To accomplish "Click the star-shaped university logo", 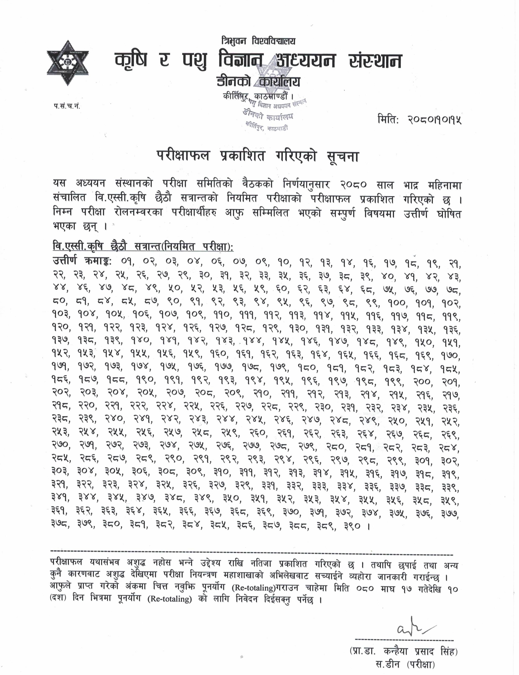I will (68, 63).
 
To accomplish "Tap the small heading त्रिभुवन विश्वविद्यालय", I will (258, 41).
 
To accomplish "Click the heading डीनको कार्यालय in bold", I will (258, 81).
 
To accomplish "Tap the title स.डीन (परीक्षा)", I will (405, 664).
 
